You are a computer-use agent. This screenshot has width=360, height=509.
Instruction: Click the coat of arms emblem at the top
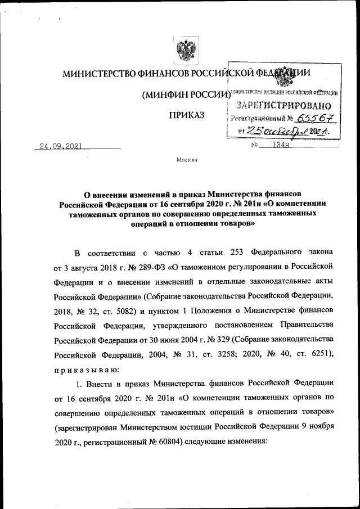[x=181, y=51]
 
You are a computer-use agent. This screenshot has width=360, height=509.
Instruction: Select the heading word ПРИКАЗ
[x=184, y=116]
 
